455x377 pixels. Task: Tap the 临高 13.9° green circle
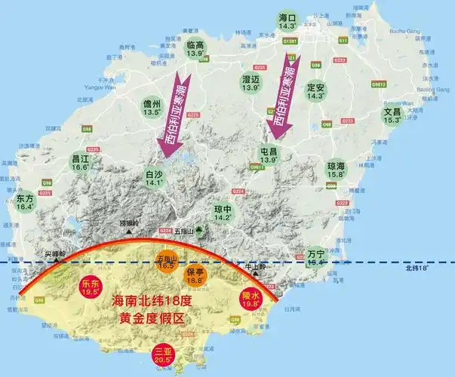[x=196, y=50]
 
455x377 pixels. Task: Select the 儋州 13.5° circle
[x=152, y=108]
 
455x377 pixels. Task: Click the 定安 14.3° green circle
[x=315, y=90]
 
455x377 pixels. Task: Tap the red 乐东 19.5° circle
[x=91, y=288]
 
